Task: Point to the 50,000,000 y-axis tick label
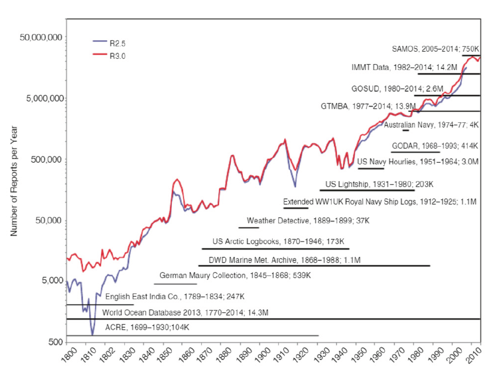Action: [x=43, y=37]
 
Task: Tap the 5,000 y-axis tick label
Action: [x=51, y=281]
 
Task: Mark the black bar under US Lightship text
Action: [x=366, y=190]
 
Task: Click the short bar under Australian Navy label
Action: [x=405, y=130]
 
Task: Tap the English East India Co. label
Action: [x=175, y=296]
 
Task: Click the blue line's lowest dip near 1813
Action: [x=92, y=335]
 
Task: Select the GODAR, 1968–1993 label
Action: [x=435, y=146]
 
